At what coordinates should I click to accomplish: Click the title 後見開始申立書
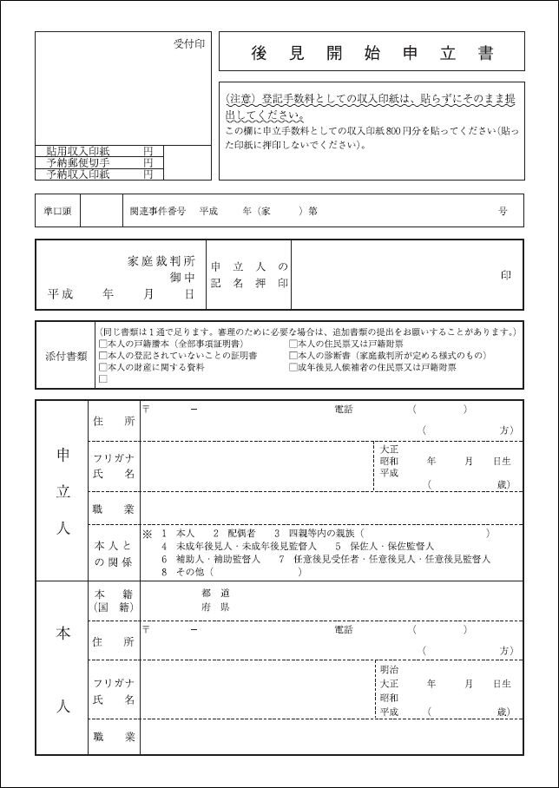pyautogui.click(x=372, y=53)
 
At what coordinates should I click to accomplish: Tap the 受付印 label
pyautogui.click(x=188, y=43)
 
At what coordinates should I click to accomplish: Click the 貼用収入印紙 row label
pyautogui.click(x=78, y=151)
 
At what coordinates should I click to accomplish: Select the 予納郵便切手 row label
pyautogui.click(x=78, y=162)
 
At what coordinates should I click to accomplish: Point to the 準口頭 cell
pyautogui.click(x=57, y=211)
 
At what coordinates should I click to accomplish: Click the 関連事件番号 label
pyautogui.click(x=157, y=211)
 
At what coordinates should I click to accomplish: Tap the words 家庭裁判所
pyautogui.click(x=161, y=261)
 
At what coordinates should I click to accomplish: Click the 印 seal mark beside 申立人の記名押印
pyautogui.click(x=505, y=275)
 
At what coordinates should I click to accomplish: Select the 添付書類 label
pyautogui.click(x=66, y=356)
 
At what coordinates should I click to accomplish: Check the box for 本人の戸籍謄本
pyautogui.click(x=103, y=345)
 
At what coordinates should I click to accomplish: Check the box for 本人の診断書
pyautogui.click(x=293, y=356)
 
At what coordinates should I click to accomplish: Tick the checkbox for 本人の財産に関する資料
pyautogui.click(x=103, y=367)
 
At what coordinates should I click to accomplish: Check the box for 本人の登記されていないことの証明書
pyautogui.click(x=103, y=356)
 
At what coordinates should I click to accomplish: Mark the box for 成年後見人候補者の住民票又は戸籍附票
pyautogui.click(x=293, y=367)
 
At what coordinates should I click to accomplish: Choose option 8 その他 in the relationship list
pyautogui.click(x=181, y=572)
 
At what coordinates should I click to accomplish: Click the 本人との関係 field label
pyautogui.click(x=114, y=553)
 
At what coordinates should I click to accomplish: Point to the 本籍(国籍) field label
pyautogui.click(x=114, y=601)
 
